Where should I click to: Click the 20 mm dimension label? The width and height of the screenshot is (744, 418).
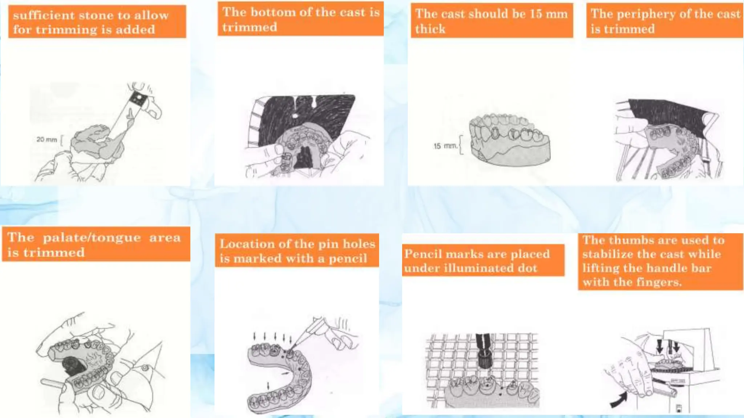click(x=47, y=139)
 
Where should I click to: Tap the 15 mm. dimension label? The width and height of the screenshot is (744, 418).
click(x=445, y=146)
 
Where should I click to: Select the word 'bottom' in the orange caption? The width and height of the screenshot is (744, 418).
click(x=273, y=12)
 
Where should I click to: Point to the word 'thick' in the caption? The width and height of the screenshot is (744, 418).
click(x=430, y=29)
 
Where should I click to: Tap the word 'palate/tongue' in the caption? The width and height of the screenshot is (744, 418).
click(x=92, y=238)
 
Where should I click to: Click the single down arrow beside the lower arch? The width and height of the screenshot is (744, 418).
click(x=268, y=385)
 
